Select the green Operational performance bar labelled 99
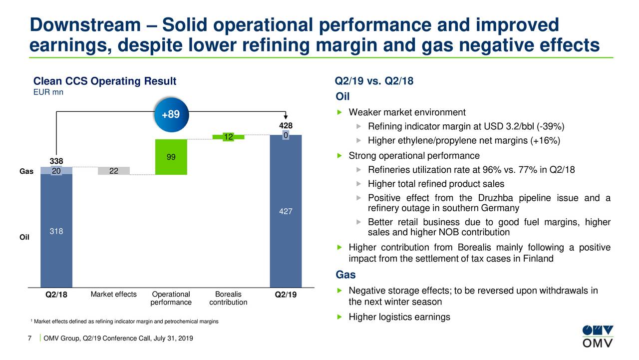(171, 157)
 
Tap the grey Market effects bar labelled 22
(113, 171)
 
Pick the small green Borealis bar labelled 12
(228, 137)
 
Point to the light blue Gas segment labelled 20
(56, 170)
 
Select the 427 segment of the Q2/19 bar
(286, 212)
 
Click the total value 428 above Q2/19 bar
(286, 126)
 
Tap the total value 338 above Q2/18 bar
(56, 161)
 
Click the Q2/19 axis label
(286, 295)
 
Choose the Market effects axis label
(113, 294)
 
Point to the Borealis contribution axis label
(228, 298)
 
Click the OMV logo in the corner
(598, 336)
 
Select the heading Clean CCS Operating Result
(104, 81)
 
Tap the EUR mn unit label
(48, 92)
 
